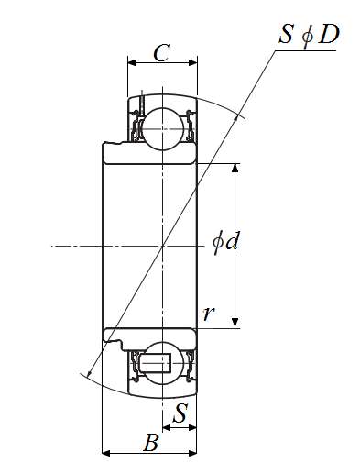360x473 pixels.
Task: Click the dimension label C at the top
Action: [x=161, y=53]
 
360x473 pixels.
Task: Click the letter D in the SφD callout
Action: [x=328, y=34]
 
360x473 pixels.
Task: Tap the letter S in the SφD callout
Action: [x=286, y=34]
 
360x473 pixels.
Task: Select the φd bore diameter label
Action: [x=225, y=243]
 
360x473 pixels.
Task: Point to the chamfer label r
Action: [x=208, y=313]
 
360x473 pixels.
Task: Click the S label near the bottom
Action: [x=180, y=412]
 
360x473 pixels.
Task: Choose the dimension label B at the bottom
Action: [x=151, y=442]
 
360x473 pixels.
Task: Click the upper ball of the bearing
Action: [x=163, y=129]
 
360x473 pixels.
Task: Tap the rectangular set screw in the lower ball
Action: [x=156, y=363]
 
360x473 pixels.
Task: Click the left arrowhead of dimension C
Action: [x=132, y=63]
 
